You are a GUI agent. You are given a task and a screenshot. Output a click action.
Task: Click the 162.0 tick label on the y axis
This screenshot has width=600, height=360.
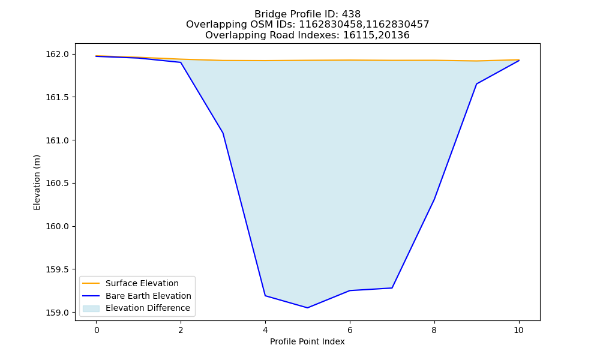(57, 55)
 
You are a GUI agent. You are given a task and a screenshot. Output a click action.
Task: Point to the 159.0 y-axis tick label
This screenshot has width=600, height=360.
(57, 313)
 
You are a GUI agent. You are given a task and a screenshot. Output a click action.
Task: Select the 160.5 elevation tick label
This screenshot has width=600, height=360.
(57, 183)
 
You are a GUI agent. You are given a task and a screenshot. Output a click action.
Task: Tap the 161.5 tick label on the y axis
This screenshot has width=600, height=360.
(57, 97)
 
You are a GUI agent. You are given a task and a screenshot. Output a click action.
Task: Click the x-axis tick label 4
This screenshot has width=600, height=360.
(265, 330)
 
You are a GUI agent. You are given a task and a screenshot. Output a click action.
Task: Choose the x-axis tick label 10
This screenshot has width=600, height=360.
(518, 330)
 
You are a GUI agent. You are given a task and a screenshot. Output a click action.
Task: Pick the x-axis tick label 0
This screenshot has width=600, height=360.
(97, 330)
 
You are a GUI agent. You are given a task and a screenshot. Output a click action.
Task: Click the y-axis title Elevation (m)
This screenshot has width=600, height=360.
(37, 182)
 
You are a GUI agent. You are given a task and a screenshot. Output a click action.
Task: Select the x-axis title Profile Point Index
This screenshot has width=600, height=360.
(307, 341)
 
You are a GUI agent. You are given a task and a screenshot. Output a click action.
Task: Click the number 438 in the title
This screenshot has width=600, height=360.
(351, 14)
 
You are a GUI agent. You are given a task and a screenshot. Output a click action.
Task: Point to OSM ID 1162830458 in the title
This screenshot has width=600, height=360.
(331, 25)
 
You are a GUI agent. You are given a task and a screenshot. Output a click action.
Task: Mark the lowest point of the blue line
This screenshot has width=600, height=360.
(307, 308)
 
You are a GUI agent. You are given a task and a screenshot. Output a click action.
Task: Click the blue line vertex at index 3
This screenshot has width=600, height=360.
(223, 133)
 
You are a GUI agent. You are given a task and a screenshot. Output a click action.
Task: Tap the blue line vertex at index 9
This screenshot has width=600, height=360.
(476, 84)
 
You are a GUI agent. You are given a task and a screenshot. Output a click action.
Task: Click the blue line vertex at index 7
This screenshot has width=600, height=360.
(392, 287)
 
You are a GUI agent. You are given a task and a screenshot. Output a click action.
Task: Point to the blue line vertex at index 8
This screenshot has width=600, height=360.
(434, 199)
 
